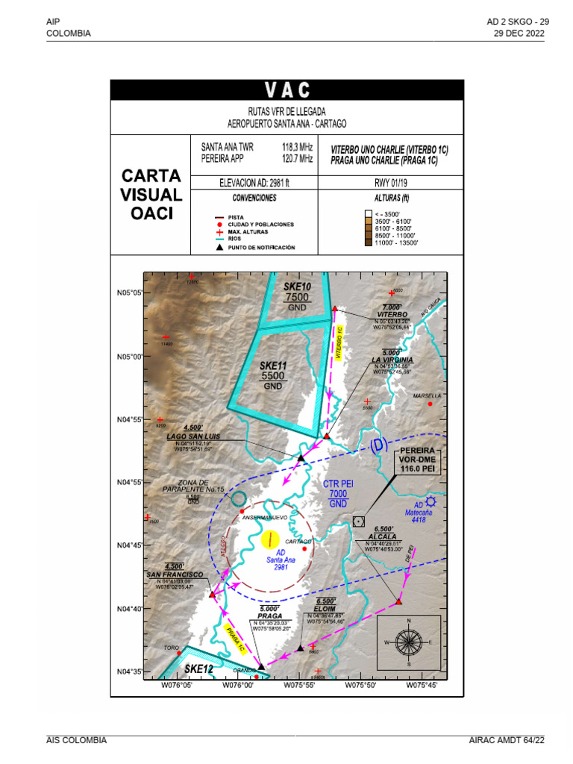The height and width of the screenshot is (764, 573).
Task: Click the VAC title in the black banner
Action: (286, 90)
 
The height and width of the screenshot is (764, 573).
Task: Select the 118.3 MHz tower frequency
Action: (297, 147)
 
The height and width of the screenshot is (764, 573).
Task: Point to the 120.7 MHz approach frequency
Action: (297, 159)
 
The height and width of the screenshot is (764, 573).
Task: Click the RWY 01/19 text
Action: (390, 182)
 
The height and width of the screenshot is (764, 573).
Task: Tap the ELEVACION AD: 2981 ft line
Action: (254, 182)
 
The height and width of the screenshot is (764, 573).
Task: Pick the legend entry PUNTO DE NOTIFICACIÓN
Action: (261, 247)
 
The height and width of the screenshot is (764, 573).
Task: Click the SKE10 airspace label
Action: (297, 286)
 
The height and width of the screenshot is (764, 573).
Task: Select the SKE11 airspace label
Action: (273, 366)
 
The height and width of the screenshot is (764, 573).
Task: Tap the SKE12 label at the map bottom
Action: (199, 669)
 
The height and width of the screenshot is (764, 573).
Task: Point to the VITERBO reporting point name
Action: (392, 315)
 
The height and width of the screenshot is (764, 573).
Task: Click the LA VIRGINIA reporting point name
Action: (392, 360)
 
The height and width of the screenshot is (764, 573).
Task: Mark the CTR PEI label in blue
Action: (338, 484)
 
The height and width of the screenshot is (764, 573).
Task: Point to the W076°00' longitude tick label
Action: (239, 684)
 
